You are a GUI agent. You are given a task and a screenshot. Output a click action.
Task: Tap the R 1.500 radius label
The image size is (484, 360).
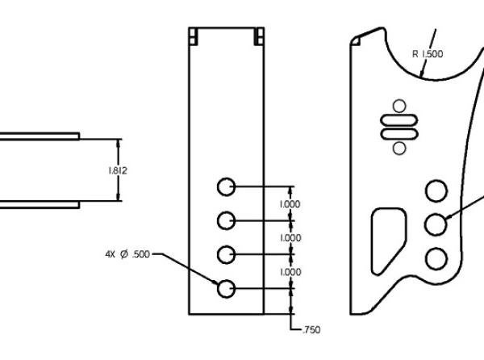(x=428, y=54)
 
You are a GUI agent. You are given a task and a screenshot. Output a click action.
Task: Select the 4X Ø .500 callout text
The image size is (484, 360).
(x=127, y=253)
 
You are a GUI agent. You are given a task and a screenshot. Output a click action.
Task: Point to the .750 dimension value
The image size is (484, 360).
(x=310, y=329)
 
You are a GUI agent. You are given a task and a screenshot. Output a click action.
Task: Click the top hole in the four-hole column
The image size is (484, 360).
(x=227, y=186)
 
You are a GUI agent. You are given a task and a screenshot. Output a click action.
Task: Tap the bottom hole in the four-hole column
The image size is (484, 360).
(x=227, y=287)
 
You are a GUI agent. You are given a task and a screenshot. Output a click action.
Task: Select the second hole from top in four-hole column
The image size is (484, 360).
(x=227, y=220)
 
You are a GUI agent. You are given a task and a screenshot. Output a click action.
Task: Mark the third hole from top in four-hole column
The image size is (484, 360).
(x=227, y=253)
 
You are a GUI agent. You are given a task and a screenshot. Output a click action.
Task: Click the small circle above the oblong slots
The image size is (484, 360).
(x=398, y=105)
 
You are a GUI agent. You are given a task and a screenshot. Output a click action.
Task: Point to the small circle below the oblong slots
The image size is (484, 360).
(x=398, y=148)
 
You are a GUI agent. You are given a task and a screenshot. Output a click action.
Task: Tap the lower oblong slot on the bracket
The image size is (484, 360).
(x=398, y=133)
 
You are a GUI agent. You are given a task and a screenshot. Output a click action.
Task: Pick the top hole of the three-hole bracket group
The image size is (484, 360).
(x=436, y=190)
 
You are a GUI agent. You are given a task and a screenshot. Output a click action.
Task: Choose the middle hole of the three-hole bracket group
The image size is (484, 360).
(x=436, y=224)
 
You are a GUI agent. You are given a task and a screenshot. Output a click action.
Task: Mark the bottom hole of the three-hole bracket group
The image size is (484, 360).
(x=436, y=257)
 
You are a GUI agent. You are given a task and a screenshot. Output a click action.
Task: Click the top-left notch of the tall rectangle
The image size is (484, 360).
(x=194, y=36)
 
